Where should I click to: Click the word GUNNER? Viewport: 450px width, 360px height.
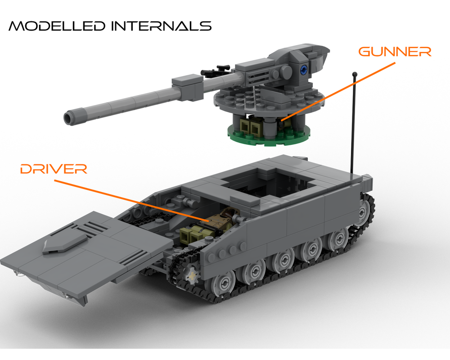395,51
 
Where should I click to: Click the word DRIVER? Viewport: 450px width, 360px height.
53,169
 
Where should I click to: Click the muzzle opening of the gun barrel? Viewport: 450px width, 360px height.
69,118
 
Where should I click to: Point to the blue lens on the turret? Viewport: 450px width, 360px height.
304,69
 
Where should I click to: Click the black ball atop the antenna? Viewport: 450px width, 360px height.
355,74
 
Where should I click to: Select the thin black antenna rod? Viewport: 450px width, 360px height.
354,126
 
